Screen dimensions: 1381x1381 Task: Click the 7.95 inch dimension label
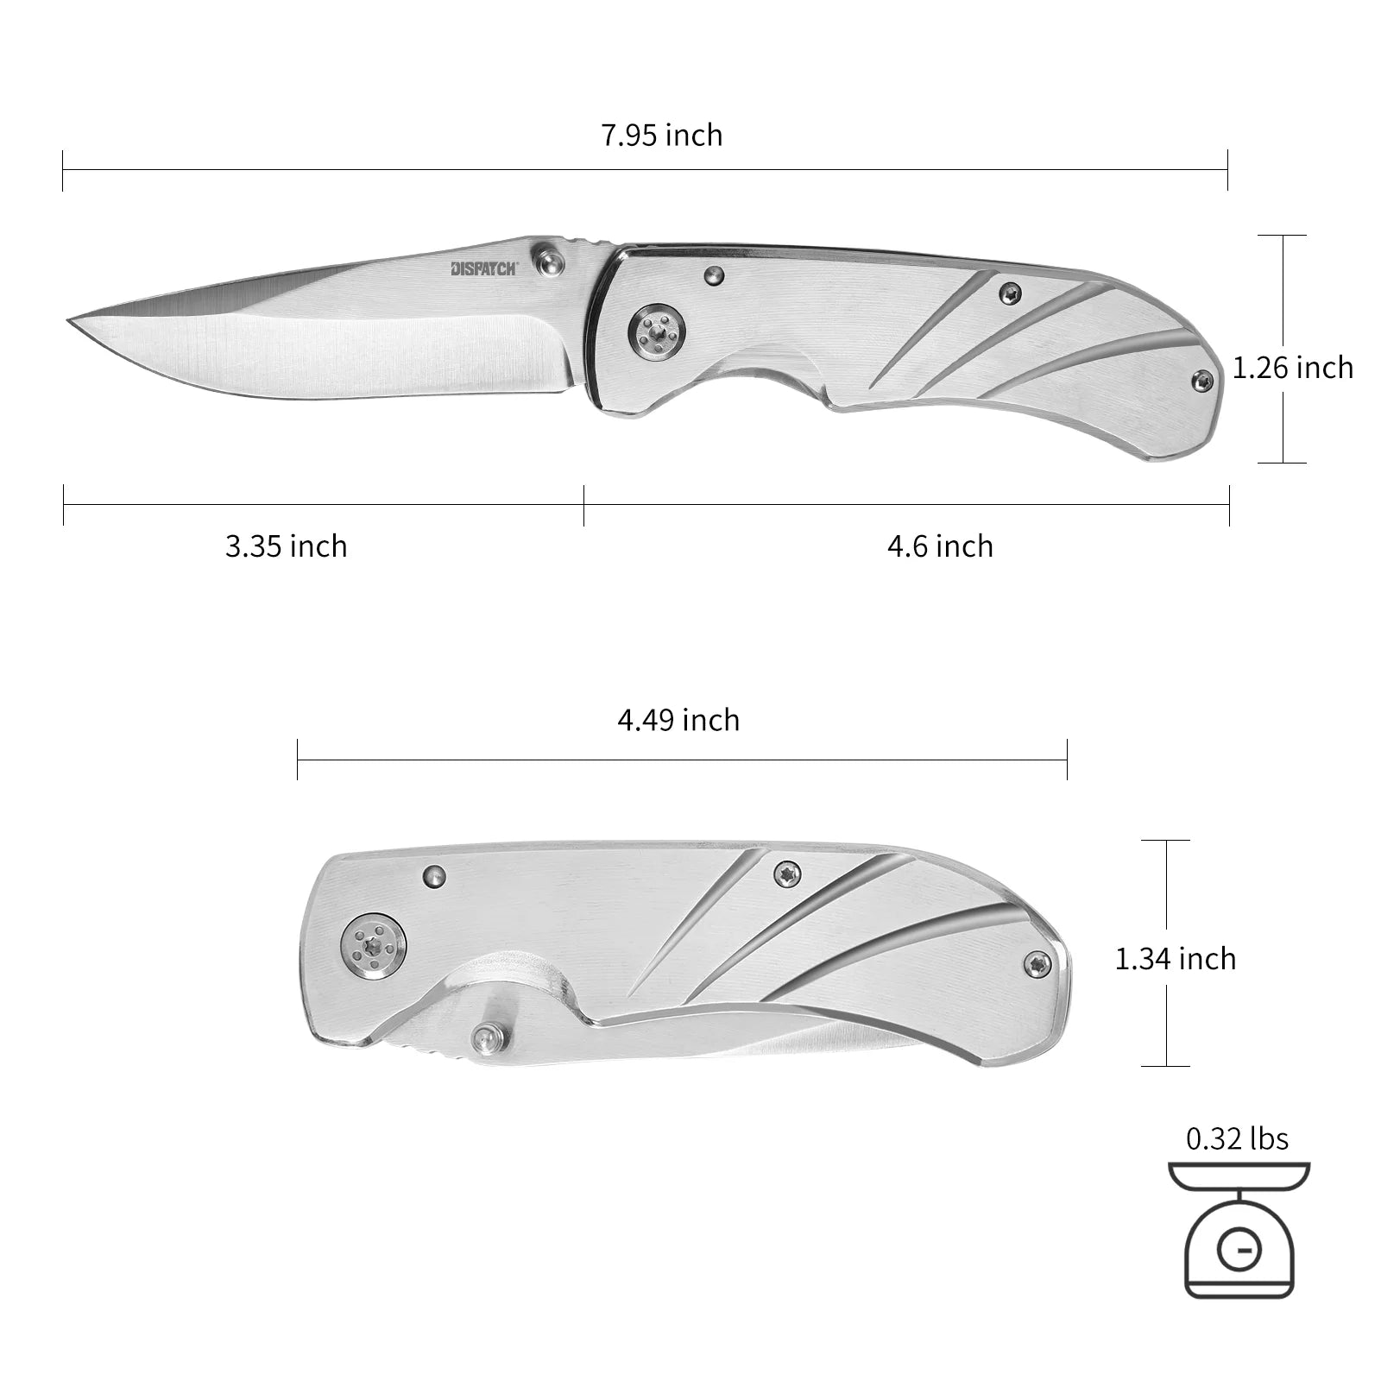662,136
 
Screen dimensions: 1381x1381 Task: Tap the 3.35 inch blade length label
287,546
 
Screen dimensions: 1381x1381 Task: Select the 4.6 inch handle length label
941,546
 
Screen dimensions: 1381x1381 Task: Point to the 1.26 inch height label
1293,368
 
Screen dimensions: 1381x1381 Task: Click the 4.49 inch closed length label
678,720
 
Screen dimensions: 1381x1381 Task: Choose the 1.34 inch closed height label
1176,958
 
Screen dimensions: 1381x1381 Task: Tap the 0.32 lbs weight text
1238,1138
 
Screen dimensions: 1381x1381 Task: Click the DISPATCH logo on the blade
484,268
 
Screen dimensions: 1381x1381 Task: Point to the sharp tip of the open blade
67,323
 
